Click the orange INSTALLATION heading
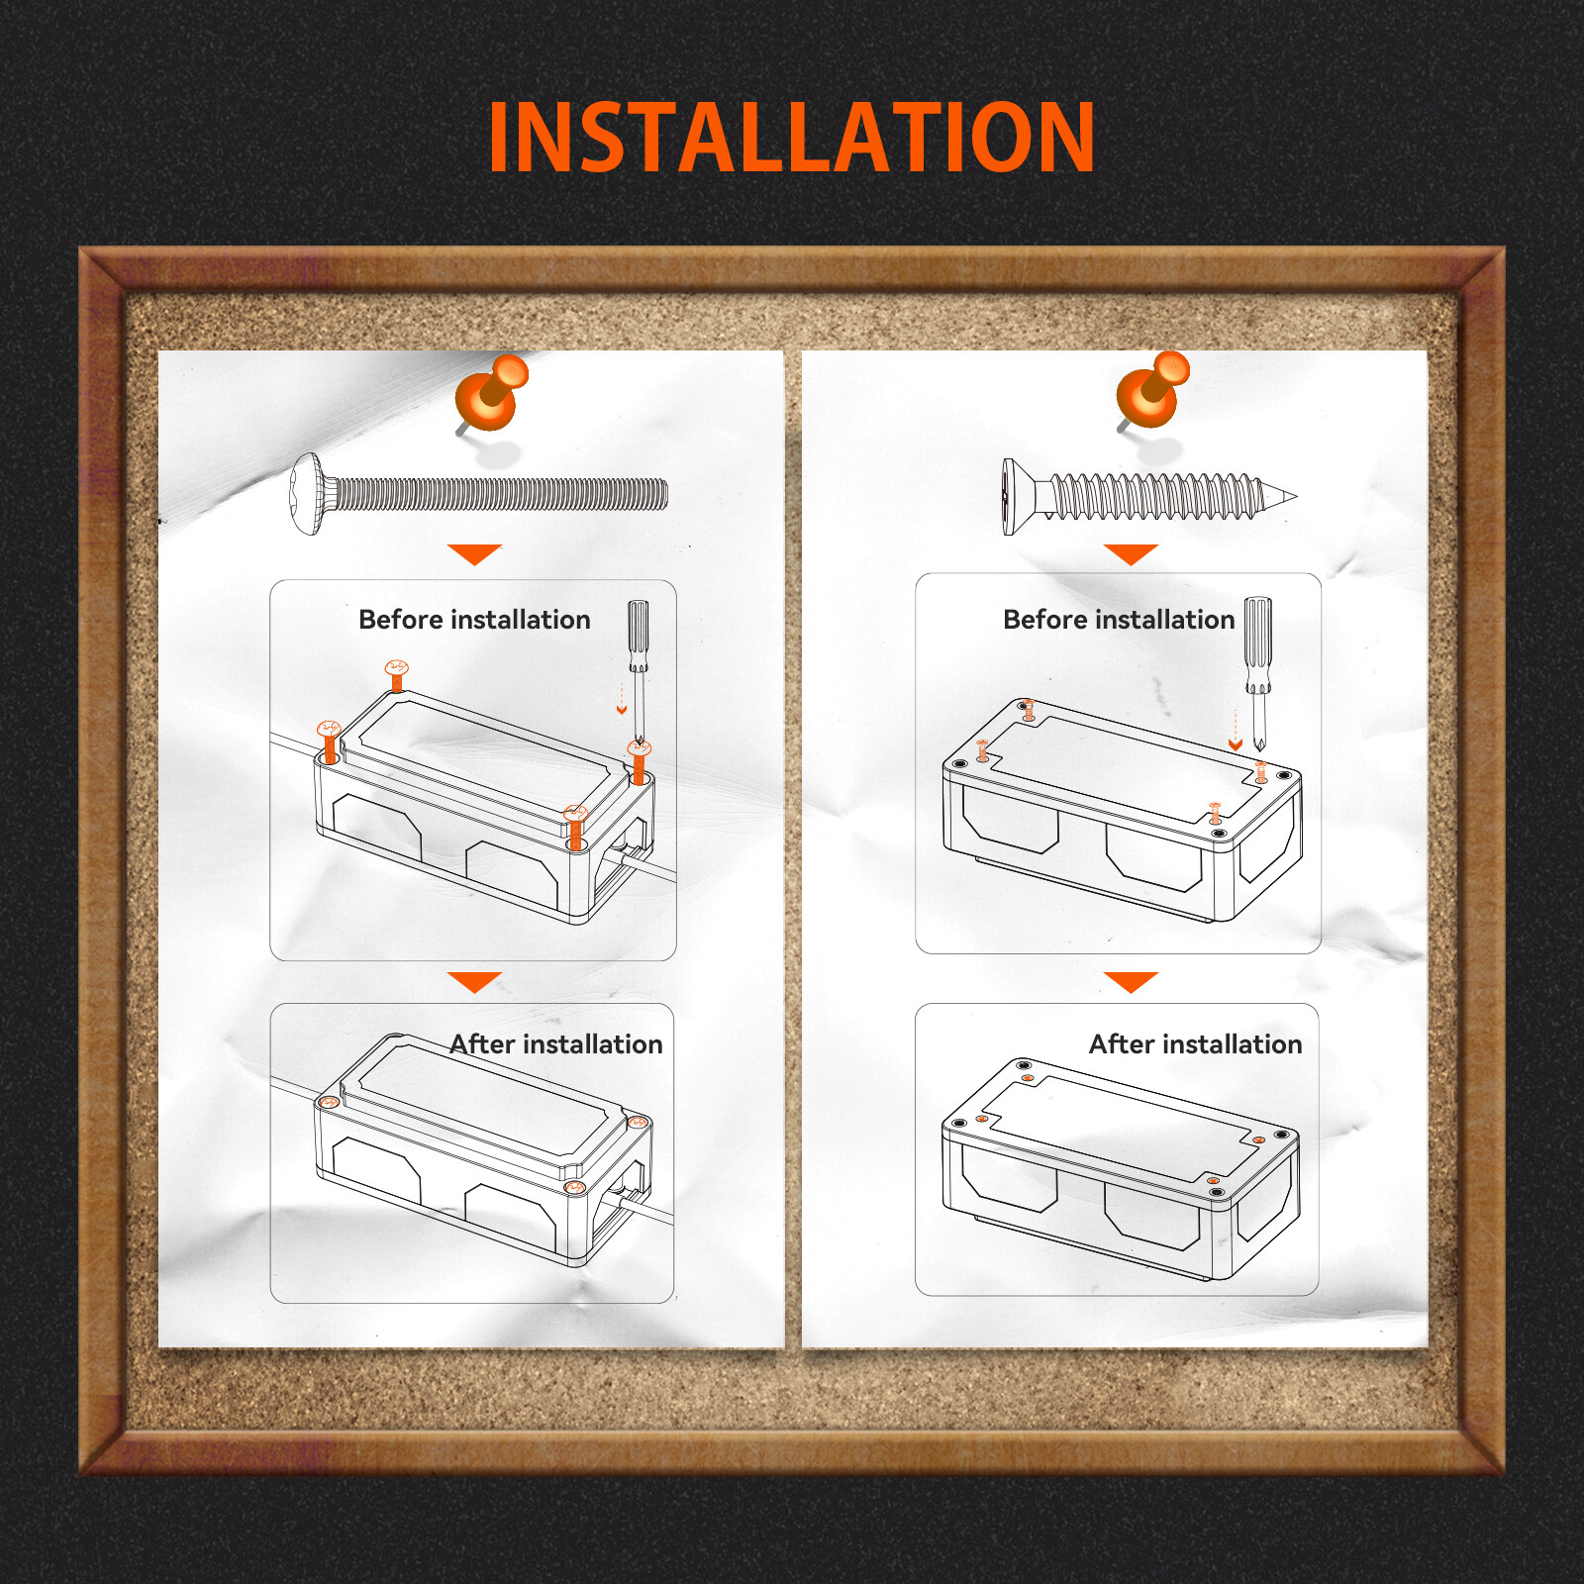792,137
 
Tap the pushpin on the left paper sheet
490,394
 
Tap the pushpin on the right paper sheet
1152,391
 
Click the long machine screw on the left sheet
478,494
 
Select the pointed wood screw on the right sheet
1148,496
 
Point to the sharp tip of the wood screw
1296,496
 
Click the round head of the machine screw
308,494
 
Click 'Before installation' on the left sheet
474,620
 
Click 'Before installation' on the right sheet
1119,620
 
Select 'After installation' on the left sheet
556,1044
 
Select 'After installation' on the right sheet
1196,1044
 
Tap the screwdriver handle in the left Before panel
639,636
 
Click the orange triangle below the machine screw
474,553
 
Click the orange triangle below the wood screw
1131,553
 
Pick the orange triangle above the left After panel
474,981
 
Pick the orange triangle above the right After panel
1131,981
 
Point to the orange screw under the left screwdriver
639,762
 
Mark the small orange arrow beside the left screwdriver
622,698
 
